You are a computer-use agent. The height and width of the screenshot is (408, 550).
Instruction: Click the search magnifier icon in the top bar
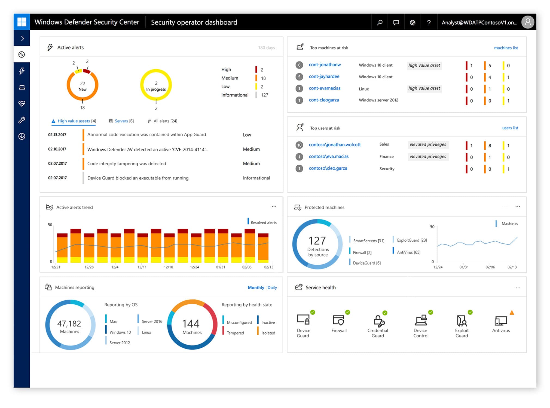[x=380, y=22]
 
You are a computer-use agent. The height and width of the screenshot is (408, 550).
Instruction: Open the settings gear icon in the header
[x=413, y=22]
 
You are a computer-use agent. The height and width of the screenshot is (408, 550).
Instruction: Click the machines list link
[x=506, y=48]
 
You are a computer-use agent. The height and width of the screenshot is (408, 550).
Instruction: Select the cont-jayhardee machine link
[x=324, y=76]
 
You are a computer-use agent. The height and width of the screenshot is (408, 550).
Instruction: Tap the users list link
[x=510, y=128]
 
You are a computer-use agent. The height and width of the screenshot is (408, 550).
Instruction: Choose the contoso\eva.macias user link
[x=329, y=156]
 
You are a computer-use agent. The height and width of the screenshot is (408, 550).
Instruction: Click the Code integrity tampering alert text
[x=127, y=163]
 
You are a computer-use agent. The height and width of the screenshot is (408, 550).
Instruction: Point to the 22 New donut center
[x=82, y=86]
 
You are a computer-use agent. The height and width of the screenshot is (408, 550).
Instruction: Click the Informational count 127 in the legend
[x=264, y=95]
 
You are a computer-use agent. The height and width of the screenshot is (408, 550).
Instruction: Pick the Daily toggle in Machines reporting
[x=272, y=288]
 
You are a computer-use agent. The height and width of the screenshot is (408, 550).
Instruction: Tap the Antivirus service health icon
[x=501, y=321]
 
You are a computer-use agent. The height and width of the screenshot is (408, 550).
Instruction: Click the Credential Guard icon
[x=378, y=321]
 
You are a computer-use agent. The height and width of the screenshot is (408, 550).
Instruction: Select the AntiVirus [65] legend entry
[x=408, y=252]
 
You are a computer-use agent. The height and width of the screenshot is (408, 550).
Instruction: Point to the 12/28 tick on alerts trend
[x=89, y=267]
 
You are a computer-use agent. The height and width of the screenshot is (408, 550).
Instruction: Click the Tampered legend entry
[x=235, y=333]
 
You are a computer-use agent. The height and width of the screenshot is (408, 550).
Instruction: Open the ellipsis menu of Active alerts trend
[x=274, y=207]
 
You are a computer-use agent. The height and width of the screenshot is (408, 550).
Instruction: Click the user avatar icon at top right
[x=528, y=22]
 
